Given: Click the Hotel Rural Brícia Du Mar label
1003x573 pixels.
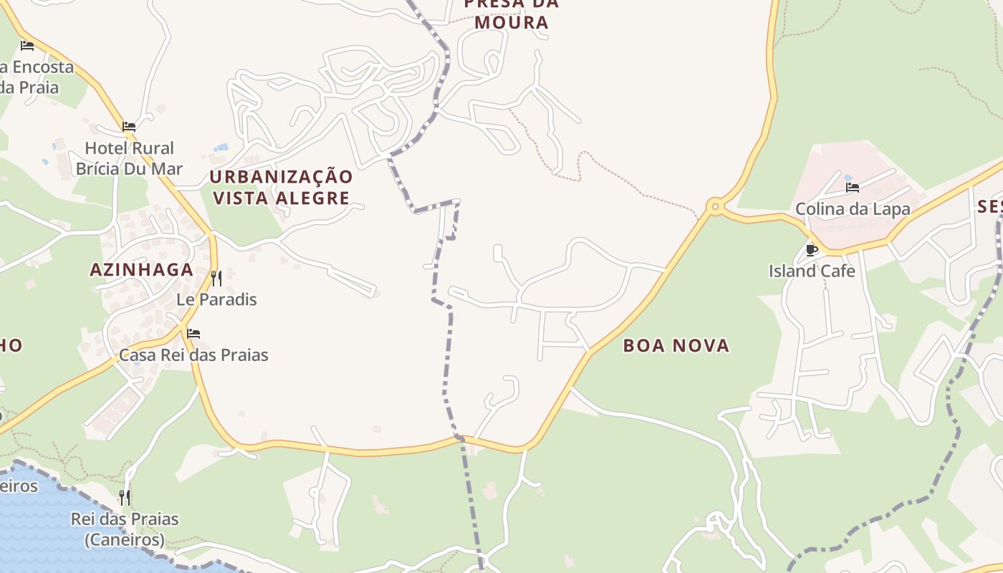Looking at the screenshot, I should pyautogui.click(x=129, y=158).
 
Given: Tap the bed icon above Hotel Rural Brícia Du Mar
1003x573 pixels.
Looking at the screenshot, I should pyautogui.click(x=129, y=127).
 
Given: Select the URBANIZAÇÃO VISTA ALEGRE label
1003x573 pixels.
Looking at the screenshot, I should pyautogui.click(x=282, y=187).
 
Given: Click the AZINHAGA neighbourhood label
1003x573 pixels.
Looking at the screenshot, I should pyautogui.click(x=142, y=269).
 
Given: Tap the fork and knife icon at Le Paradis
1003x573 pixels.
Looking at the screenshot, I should pyautogui.click(x=216, y=278).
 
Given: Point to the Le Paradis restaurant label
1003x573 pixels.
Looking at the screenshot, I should pyautogui.click(x=216, y=299).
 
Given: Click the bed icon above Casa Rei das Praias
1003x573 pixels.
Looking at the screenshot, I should pyautogui.click(x=193, y=333).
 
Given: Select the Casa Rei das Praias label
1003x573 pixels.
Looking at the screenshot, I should pyautogui.click(x=193, y=355).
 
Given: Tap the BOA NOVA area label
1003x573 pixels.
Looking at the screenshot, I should pyautogui.click(x=676, y=345).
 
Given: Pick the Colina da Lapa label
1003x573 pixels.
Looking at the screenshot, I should pyautogui.click(x=853, y=209).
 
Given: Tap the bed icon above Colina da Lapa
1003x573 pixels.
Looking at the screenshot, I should pyautogui.click(x=853, y=188).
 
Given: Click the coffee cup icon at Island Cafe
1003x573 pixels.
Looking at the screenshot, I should pyautogui.click(x=812, y=250).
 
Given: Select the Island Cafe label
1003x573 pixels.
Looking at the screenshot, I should pyautogui.click(x=812, y=271).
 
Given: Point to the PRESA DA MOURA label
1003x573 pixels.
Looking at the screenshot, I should pyautogui.click(x=511, y=13).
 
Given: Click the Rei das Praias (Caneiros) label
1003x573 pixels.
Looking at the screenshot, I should pyautogui.click(x=125, y=529).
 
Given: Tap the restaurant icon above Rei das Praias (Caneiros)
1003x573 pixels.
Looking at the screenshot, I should pyautogui.click(x=125, y=496).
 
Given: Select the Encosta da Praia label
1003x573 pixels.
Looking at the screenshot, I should pyautogui.click(x=36, y=77).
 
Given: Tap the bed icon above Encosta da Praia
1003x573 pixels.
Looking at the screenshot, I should pyautogui.click(x=27, y=45).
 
